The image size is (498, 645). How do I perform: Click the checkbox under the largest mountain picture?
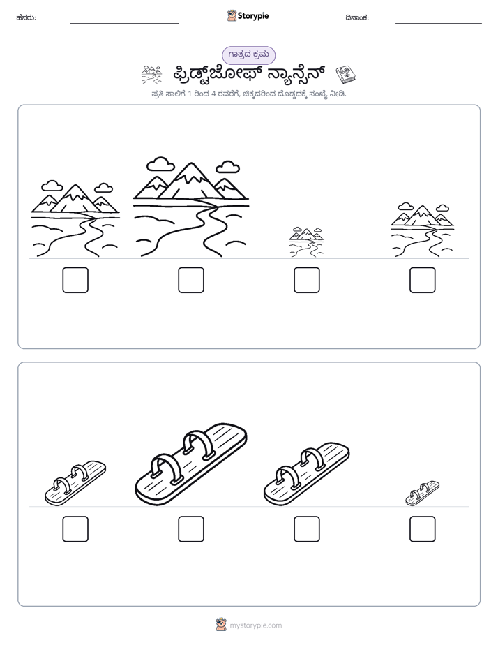coord(191,280)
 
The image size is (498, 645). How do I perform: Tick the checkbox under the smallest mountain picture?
coord(306,280)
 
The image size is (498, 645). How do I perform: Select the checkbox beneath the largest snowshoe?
coord(191,529)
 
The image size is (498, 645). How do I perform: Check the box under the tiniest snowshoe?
coord(423,529)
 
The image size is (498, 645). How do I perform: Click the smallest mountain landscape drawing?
coord(306,242)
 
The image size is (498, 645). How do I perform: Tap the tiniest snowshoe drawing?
coord(423,493)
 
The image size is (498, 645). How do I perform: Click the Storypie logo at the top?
coord(248,15)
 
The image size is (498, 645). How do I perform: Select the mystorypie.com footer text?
coord(255,625)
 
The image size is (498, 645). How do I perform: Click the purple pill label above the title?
coord(248,55)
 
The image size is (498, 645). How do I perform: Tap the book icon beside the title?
coord(345,75)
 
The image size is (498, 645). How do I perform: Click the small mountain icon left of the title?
coord(151,75)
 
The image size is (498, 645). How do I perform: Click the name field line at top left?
coord(124,24)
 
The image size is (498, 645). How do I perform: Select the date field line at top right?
coord(439,24)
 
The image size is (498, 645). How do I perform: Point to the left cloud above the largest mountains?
coord(160,164)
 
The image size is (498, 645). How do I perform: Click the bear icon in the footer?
coord(221,625)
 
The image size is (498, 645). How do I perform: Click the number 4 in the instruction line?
coord(213,94)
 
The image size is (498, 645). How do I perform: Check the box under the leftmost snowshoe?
coord(75,529)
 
